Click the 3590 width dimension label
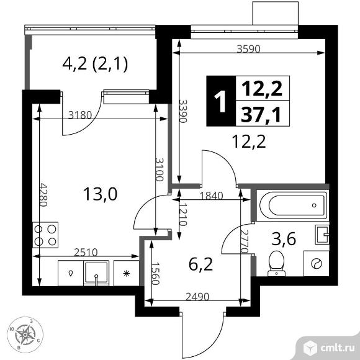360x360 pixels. pos(249,49)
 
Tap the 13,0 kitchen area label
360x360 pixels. pos(100,194)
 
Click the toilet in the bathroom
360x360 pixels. pos(276,263)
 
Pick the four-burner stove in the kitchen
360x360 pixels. pos(45,235)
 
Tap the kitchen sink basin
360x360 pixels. pos(96,272)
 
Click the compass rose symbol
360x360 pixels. pos(25,335)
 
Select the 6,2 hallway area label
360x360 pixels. pos(200,264)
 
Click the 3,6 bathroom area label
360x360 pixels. pos(284,239)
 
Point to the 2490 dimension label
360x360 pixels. pos(197,297)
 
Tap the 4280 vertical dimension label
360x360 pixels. pos(43,195)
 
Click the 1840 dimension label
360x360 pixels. pos(211,196)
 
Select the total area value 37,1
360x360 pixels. pos(261,114)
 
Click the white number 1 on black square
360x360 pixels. pos(220,101)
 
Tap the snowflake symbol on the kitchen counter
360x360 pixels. pos(127,274)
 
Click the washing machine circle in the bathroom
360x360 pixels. pos(317,264)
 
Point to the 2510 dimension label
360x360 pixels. pos(86,252)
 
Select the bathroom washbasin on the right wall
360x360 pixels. pos(322,235)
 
